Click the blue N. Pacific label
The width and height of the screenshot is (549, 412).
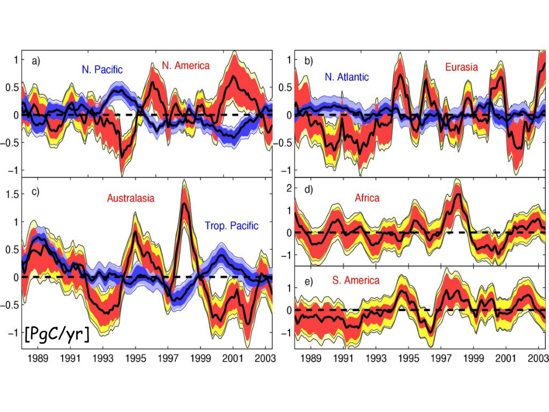102,69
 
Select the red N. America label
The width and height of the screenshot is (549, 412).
186,65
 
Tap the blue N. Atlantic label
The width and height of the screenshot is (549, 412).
346,77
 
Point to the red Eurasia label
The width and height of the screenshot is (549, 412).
461,68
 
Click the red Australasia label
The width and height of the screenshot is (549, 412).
131,198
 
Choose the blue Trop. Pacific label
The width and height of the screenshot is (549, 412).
232,226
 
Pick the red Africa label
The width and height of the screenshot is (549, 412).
367,198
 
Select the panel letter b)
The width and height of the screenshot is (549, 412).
308,61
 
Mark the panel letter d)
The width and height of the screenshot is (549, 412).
309,189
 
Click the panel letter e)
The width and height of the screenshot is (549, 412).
309,280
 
